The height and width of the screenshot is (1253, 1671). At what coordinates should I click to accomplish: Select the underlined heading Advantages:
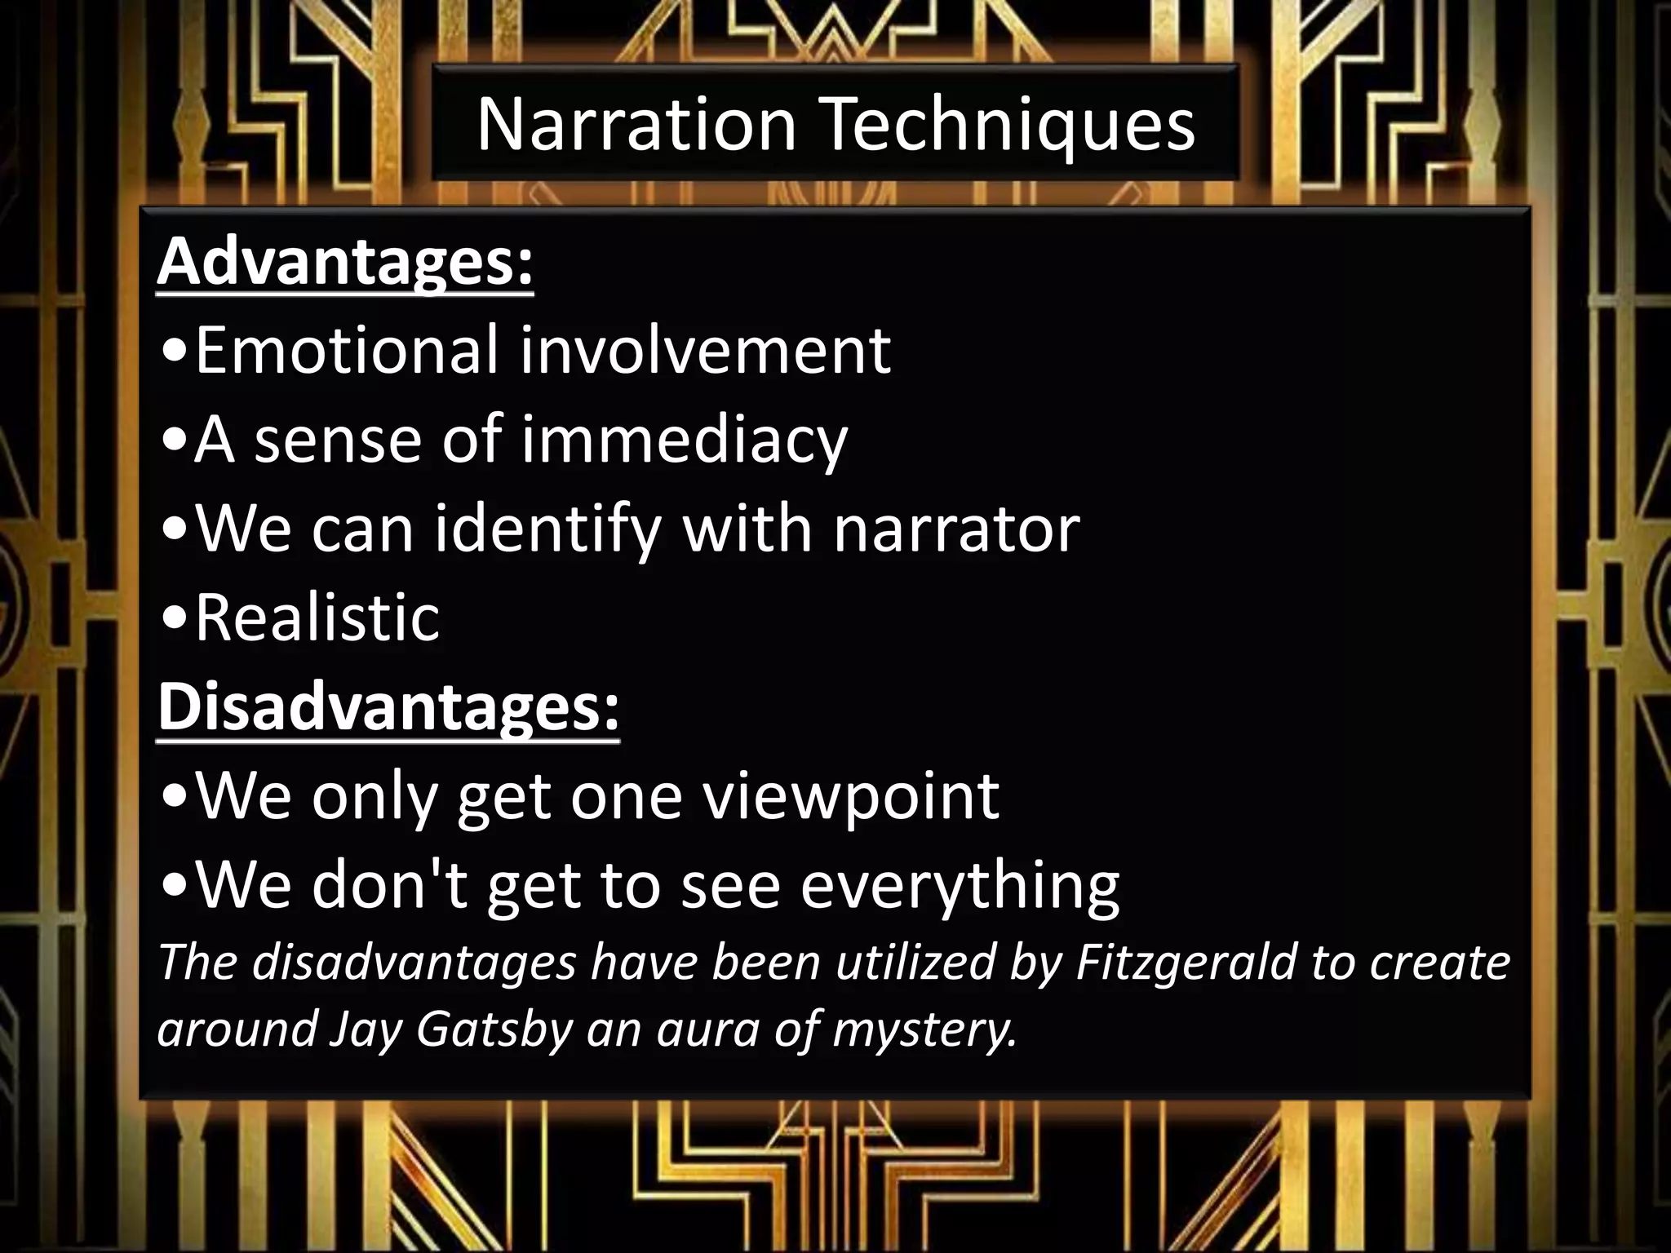345,262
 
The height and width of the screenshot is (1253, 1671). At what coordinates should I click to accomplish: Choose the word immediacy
684,441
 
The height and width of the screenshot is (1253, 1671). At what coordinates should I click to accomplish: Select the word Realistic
317,618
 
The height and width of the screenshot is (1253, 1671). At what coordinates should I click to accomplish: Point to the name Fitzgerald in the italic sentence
1186,962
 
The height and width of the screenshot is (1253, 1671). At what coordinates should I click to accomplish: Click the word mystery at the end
924,1029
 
